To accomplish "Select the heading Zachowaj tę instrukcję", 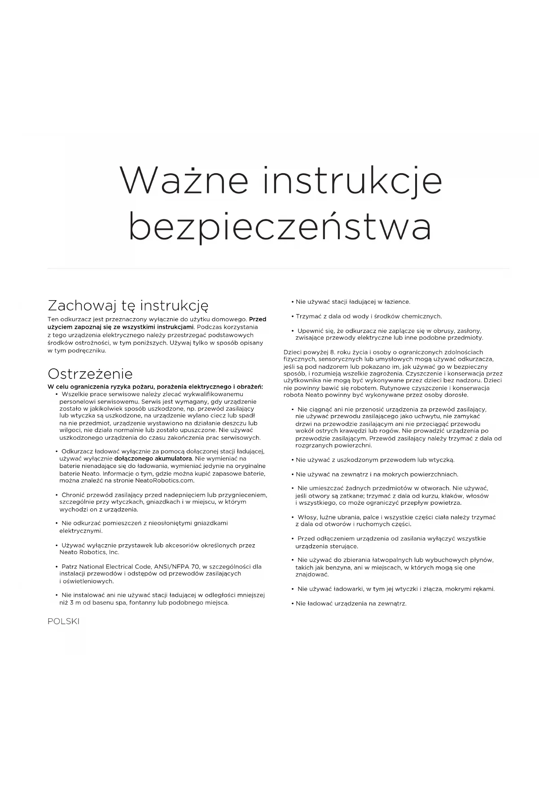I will click(x=128, y=306).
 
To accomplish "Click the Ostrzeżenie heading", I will click(x=90, y=374).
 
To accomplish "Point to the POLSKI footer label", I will click(x=63, y=621).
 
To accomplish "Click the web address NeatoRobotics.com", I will click(x=165, y=481).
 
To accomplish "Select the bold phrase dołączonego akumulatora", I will click(x=153, y=459).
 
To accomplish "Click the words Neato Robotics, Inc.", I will click(x=89, y=552).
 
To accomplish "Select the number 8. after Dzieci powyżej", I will click(x=333, y=352).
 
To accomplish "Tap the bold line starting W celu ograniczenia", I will click(x=155, y=387).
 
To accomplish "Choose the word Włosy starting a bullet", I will click(x=307, y=517).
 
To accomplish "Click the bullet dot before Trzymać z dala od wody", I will click(x=292, y=316).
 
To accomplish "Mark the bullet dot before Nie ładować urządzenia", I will click(x=292, y=603).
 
